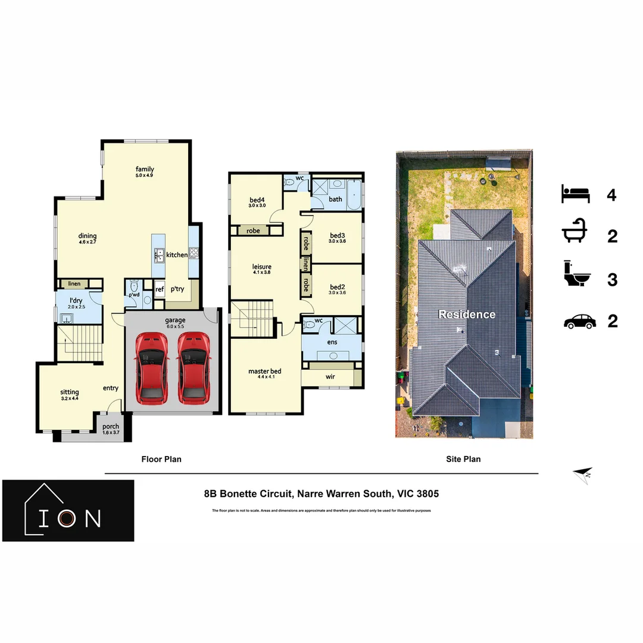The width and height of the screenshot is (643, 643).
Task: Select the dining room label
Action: click(87, 236)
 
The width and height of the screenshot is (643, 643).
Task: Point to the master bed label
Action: click(265, 372)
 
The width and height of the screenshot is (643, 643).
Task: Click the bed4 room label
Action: click(257, 199)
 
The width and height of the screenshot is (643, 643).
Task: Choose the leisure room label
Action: click(262, 267)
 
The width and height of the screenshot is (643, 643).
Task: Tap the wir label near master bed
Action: click(330, 377)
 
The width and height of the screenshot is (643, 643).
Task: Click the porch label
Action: click(111, 426)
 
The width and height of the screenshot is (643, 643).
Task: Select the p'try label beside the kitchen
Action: click(177, 289)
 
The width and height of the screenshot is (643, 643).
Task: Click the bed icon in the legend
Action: click(575, 194)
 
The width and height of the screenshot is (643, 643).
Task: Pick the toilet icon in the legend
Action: click(576, 278)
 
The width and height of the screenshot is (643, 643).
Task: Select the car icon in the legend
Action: click(579, 321)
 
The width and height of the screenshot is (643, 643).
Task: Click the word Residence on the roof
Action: click(467, 314)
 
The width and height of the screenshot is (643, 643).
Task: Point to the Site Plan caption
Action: click(463, 459)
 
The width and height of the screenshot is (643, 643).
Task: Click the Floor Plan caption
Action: click(161, 459)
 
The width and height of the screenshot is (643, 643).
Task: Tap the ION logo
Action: click(68, 511)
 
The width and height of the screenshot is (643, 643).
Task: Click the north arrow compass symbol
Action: click(582, 474)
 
